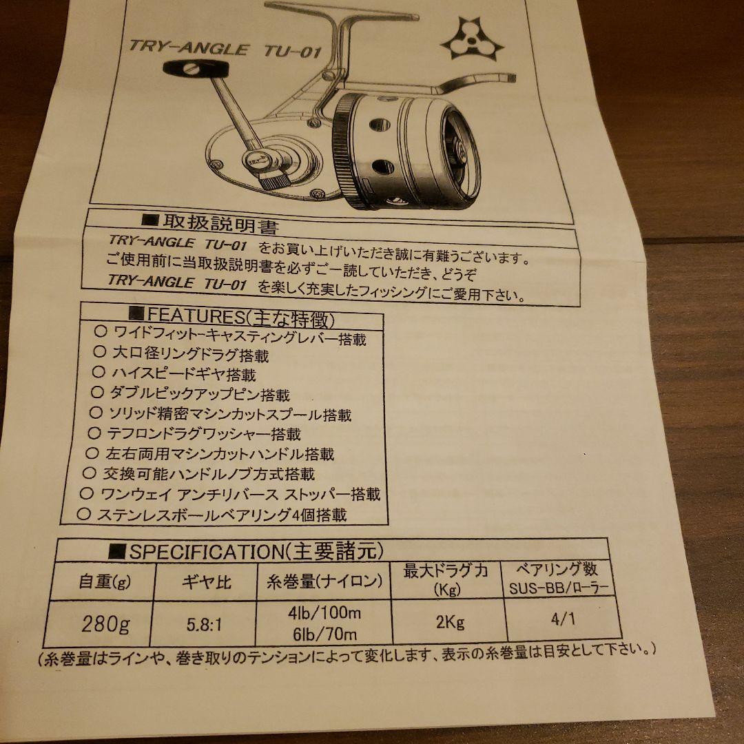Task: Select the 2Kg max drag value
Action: coord(449,622)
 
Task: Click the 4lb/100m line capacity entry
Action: coord(324,613)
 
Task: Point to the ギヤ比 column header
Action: coord(206,582)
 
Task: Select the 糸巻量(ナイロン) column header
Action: coord(324,581)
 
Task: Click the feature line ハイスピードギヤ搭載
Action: coord(183,375)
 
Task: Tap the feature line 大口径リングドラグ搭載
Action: coord(190,355)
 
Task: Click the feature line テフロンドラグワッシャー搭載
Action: coord(204,434)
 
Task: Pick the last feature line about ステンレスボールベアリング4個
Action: coord(221,515)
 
